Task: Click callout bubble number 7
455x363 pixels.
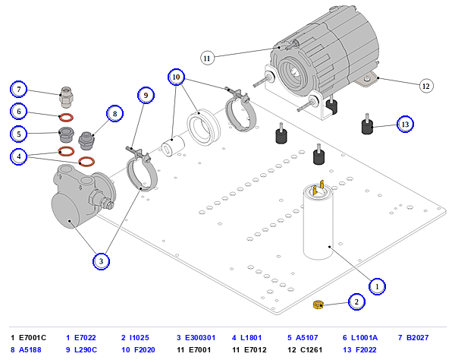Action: click(18, 89)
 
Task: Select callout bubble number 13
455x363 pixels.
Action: click(405, 124)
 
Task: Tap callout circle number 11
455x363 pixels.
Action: click(207, 58)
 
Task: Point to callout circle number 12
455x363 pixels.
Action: click(426, 86)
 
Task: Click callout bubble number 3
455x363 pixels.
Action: click(101, 261)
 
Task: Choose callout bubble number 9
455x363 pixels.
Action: click(146, 95)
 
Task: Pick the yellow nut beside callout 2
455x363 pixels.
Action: click(318, 305)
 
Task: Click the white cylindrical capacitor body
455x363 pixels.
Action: click(318, 224)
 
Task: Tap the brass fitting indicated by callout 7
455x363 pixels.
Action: click(67, 96)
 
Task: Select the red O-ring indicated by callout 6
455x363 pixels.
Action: click(66, 118)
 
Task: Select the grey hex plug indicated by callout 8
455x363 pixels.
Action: click(86, 140)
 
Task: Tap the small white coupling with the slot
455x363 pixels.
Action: click(173, 146)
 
